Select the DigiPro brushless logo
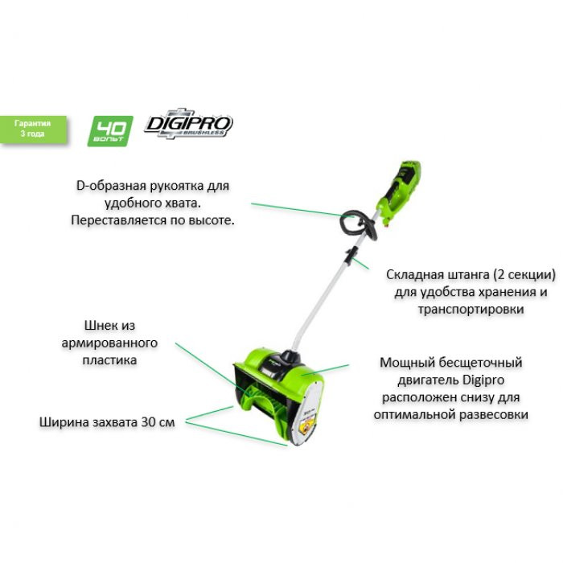pyautogui.click(x=188, y=125)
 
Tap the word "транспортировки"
pyautogui.click(x=471, y=308)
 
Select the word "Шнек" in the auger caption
pyautogui.click(x=100, y=326)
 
